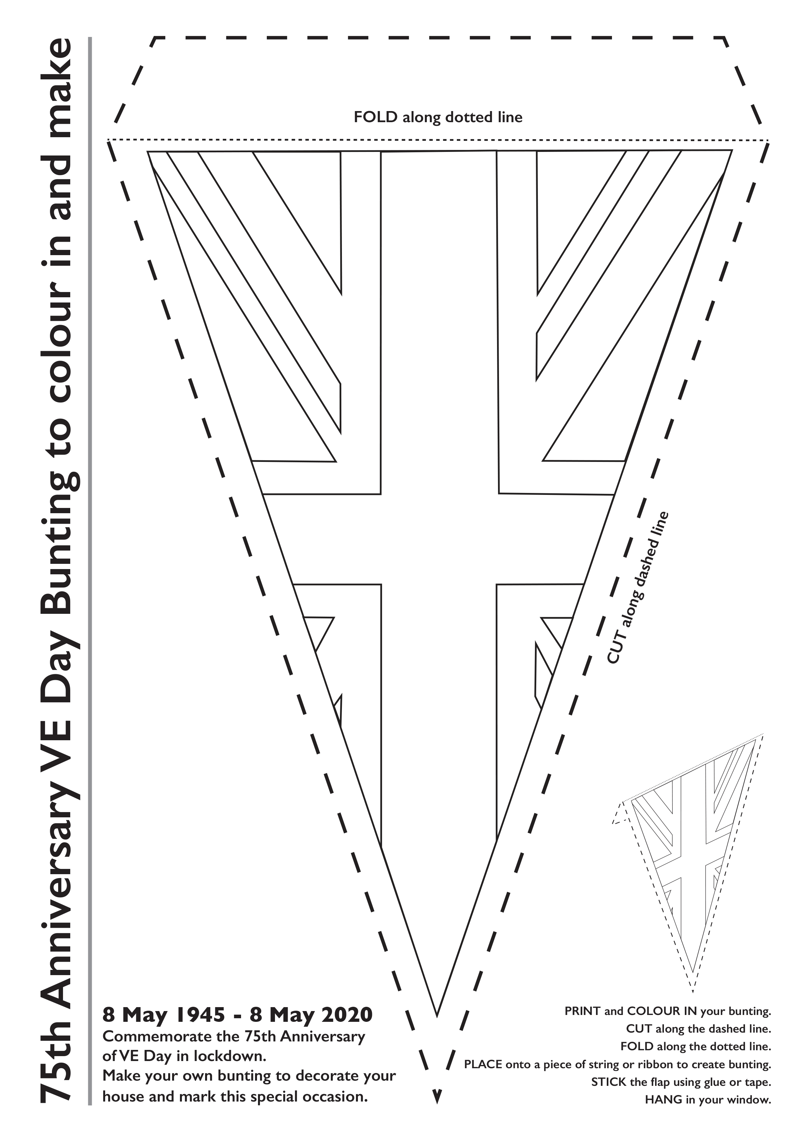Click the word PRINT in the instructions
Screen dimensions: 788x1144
pyautogui.click(x=583, y=1011)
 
